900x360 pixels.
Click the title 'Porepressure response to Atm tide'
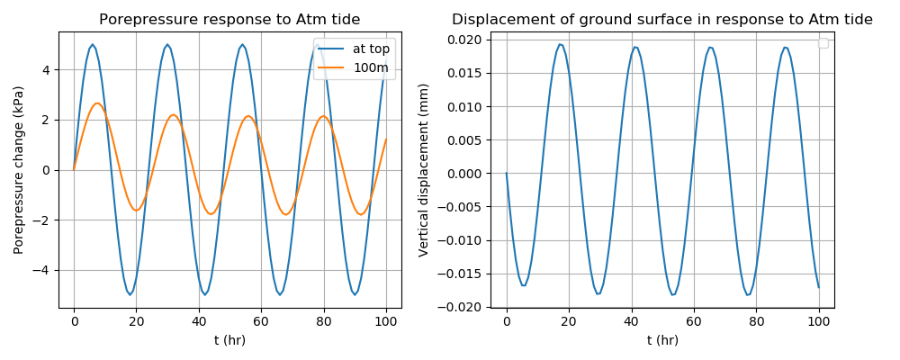tap(229, 20)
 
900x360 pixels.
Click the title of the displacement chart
tap(661, 20)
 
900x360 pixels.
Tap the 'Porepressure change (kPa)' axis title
tap(19, 170)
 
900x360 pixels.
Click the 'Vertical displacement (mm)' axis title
tap(424, 170)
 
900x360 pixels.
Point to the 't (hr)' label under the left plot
tap(229, 340)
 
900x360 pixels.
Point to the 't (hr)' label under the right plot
tap(662, 340)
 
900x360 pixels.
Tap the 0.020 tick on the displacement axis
tap(466, 40)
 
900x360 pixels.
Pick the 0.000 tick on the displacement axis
tap(466, 173)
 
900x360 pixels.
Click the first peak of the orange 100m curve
tap(97, 103)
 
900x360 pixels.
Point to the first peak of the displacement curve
tap(560, 44)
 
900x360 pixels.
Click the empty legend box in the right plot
tap(823, 43)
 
